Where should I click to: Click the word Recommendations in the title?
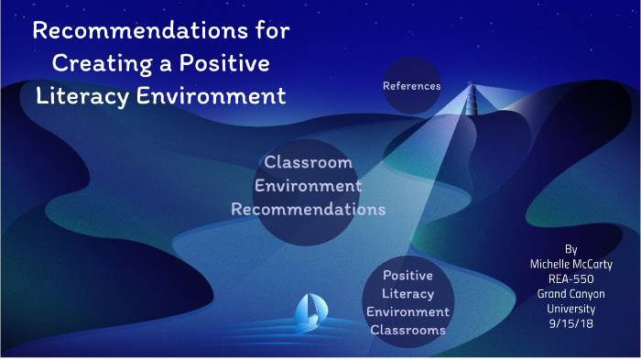tap(129, 31)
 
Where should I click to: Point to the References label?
tap(412, 86)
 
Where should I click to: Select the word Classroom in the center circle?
tap(308, 163)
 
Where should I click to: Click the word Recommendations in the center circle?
tap(308, 209)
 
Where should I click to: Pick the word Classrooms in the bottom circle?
tap(408, 329)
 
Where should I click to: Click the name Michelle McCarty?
tap(571, 265)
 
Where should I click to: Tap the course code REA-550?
tap(571, 279)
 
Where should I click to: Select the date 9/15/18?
tap(571, 323)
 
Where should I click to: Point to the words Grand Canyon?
tap(571, 294)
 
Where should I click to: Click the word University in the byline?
tap(571, 309)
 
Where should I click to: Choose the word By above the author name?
tap(571, 249)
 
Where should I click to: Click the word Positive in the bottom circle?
tap(408, 275)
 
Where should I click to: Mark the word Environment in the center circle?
tap(308, 186)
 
